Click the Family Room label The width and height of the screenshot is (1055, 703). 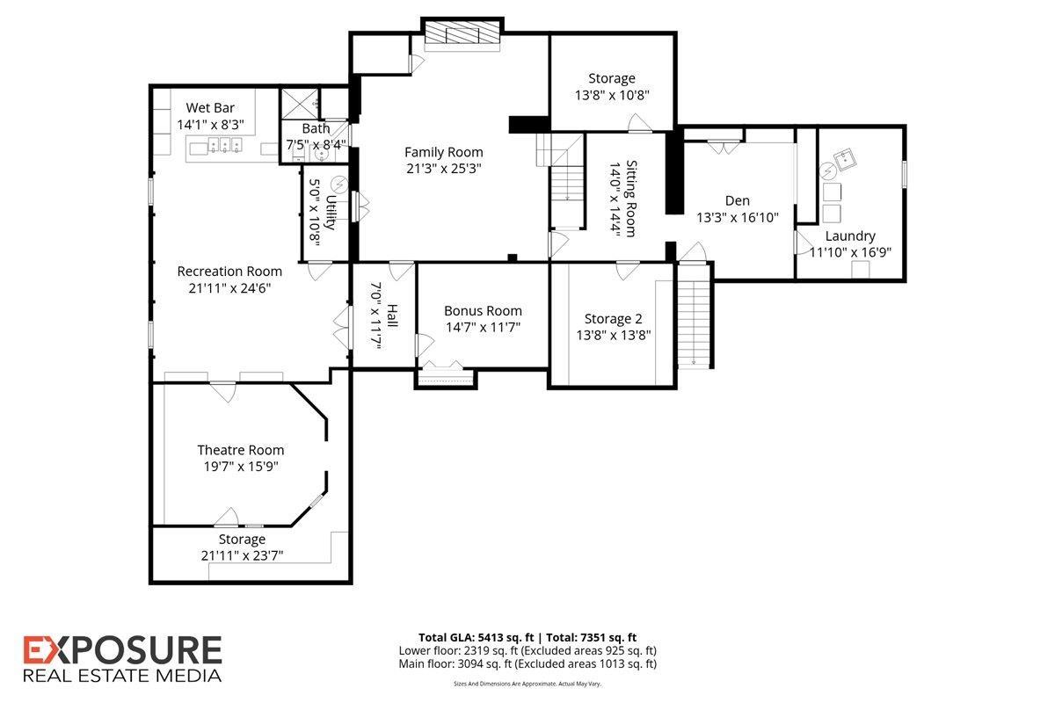443,152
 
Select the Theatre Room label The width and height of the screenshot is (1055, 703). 240,450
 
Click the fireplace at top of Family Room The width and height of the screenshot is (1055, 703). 462,34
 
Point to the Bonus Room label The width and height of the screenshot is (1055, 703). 483,310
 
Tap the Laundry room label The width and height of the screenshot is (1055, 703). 850,236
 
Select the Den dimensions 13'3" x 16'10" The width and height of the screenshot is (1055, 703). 738,217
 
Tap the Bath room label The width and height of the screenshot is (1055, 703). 316,129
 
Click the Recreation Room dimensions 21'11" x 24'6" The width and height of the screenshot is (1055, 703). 229,287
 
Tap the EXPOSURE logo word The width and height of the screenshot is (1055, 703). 122,651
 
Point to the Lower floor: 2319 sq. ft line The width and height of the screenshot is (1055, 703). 527,650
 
